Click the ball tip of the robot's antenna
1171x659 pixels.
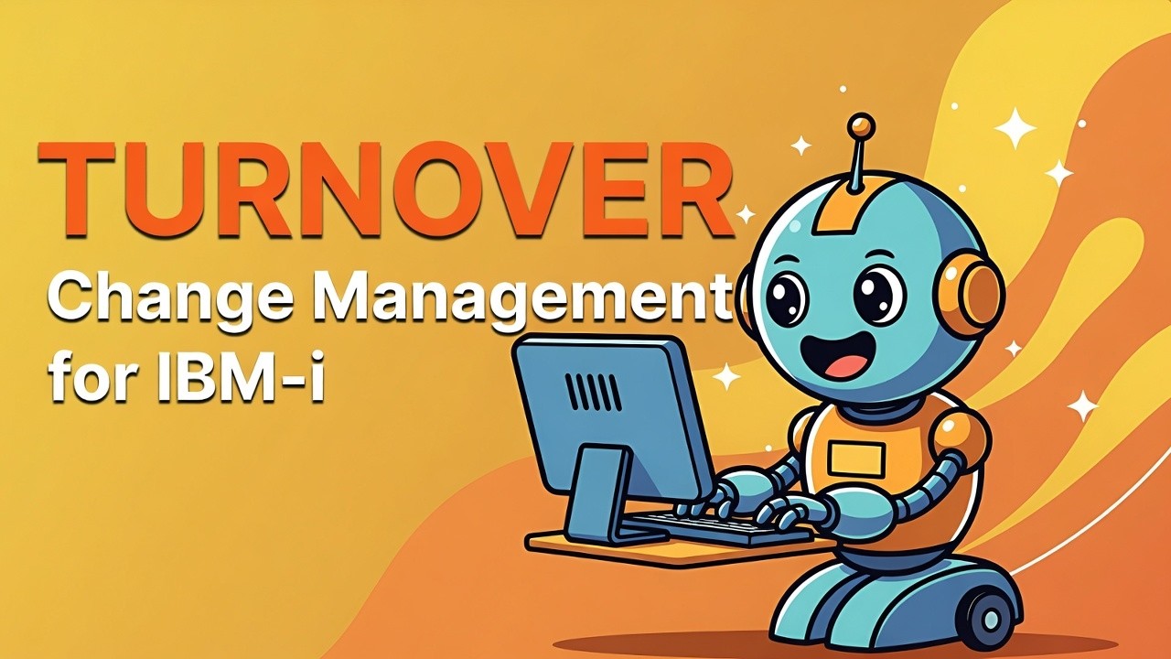[861, 125]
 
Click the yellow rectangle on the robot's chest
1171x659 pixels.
[855, 458]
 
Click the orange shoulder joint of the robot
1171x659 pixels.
[961, 436]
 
